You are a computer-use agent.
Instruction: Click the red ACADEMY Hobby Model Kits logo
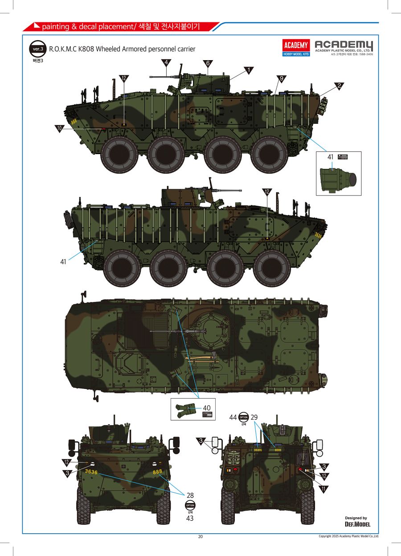point(296,48)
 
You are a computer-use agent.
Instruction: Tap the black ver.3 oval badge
point(37,49)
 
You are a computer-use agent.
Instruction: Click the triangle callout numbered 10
point(60,128)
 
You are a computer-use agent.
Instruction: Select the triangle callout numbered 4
point(166,62)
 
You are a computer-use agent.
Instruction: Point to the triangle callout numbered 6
point(207,63)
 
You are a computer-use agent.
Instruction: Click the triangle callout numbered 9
point(281,78)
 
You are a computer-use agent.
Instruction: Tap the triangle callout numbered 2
point(339,86)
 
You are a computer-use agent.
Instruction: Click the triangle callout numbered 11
point(323,489)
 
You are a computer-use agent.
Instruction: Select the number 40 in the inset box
point(207,408)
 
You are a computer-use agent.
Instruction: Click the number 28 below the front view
point(190,495)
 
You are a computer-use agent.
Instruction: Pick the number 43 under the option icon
point(190,518)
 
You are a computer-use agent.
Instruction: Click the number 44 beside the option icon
point(233,417)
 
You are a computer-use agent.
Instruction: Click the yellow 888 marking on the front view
point(158,471)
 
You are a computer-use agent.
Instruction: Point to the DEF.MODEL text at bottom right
point(357,524)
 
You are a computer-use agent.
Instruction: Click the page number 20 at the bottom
point(200,536)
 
